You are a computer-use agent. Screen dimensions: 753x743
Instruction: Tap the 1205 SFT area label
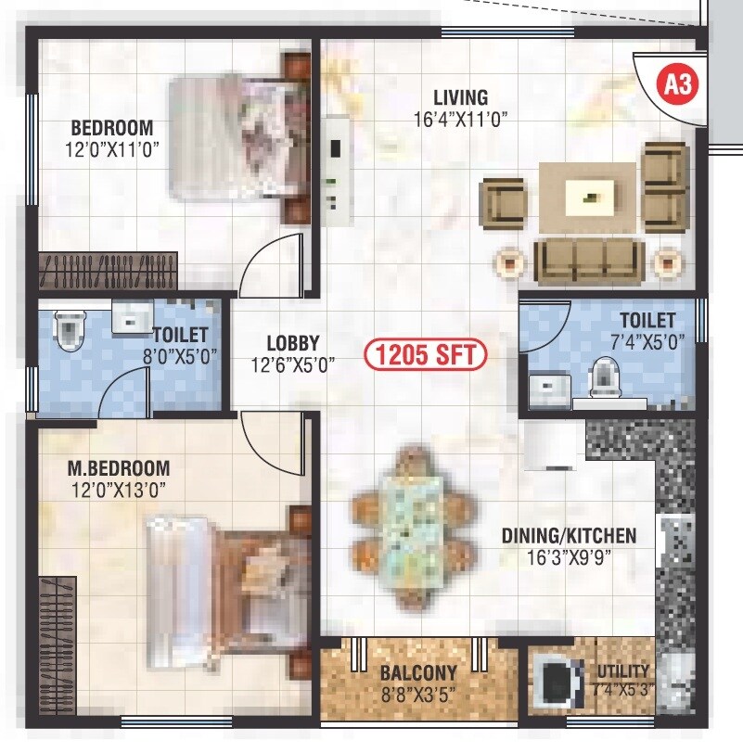coord(426,354)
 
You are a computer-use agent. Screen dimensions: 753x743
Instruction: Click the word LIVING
coord(460,97)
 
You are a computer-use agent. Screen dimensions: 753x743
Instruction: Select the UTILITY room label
coord(624,671)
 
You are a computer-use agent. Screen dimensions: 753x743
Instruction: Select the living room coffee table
coord(590,195)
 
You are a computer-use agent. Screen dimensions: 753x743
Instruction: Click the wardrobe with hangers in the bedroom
coord(108,271)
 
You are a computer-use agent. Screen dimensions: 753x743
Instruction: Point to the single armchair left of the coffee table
coord(502,203)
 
